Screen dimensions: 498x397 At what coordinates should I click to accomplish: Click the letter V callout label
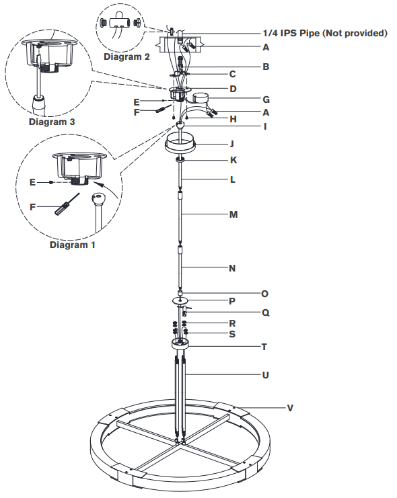pyautogui.click(x=290, y=407)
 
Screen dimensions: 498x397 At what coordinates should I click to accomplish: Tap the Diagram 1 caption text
pyautogui.click(x=73, y=245)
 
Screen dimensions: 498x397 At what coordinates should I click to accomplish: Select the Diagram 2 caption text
pyautogui.click(x=127, y=57)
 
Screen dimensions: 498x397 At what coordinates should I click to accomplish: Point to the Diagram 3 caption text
pyautogui.click(x=52, y=122)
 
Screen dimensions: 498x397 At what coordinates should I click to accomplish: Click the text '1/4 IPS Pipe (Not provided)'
pyautogui.click(x=325, y=33)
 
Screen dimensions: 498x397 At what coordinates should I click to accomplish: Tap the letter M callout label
pyautogui.click(x=233, y=214)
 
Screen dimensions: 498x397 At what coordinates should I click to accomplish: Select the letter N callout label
pyautogui.click(x=232, y=267)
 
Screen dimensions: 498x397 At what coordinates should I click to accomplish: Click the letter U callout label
pyautogui.click(x=265, y=374)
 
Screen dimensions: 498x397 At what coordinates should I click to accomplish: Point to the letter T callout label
pyautogui.click(x=264, y=347)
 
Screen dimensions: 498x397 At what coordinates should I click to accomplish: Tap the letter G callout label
pyautogui.click(x=267, y=99)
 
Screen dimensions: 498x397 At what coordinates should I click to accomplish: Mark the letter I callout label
pyautogui.click(x=264, y=126)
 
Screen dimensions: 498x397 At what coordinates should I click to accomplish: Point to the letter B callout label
pyautogui.click(x=266, y=67)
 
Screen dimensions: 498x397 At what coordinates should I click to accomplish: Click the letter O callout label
pyautogui.click(x=265, y=293)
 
